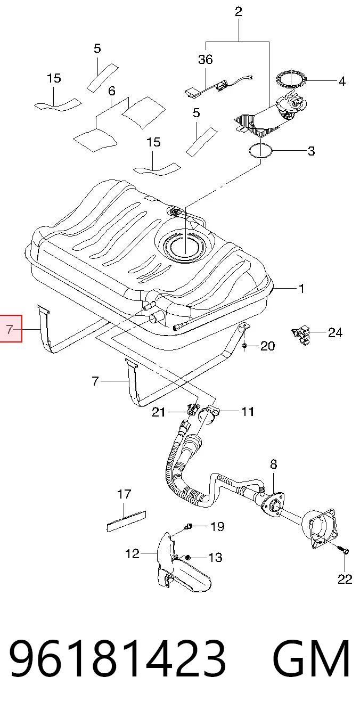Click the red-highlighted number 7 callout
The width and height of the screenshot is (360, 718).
(10, 329)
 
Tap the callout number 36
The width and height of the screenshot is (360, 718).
(206, 59)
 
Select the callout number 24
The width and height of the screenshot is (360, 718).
(335, 333)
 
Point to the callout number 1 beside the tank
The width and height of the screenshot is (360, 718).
(301, 289)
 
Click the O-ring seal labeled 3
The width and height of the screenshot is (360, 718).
(261, 151)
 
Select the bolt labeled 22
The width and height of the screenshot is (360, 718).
(345, 551)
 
